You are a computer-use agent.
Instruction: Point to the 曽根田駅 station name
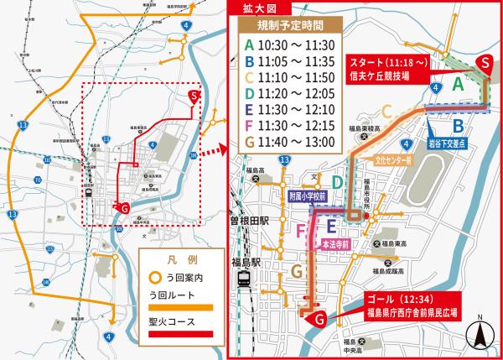254,221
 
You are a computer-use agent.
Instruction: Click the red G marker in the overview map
124,207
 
